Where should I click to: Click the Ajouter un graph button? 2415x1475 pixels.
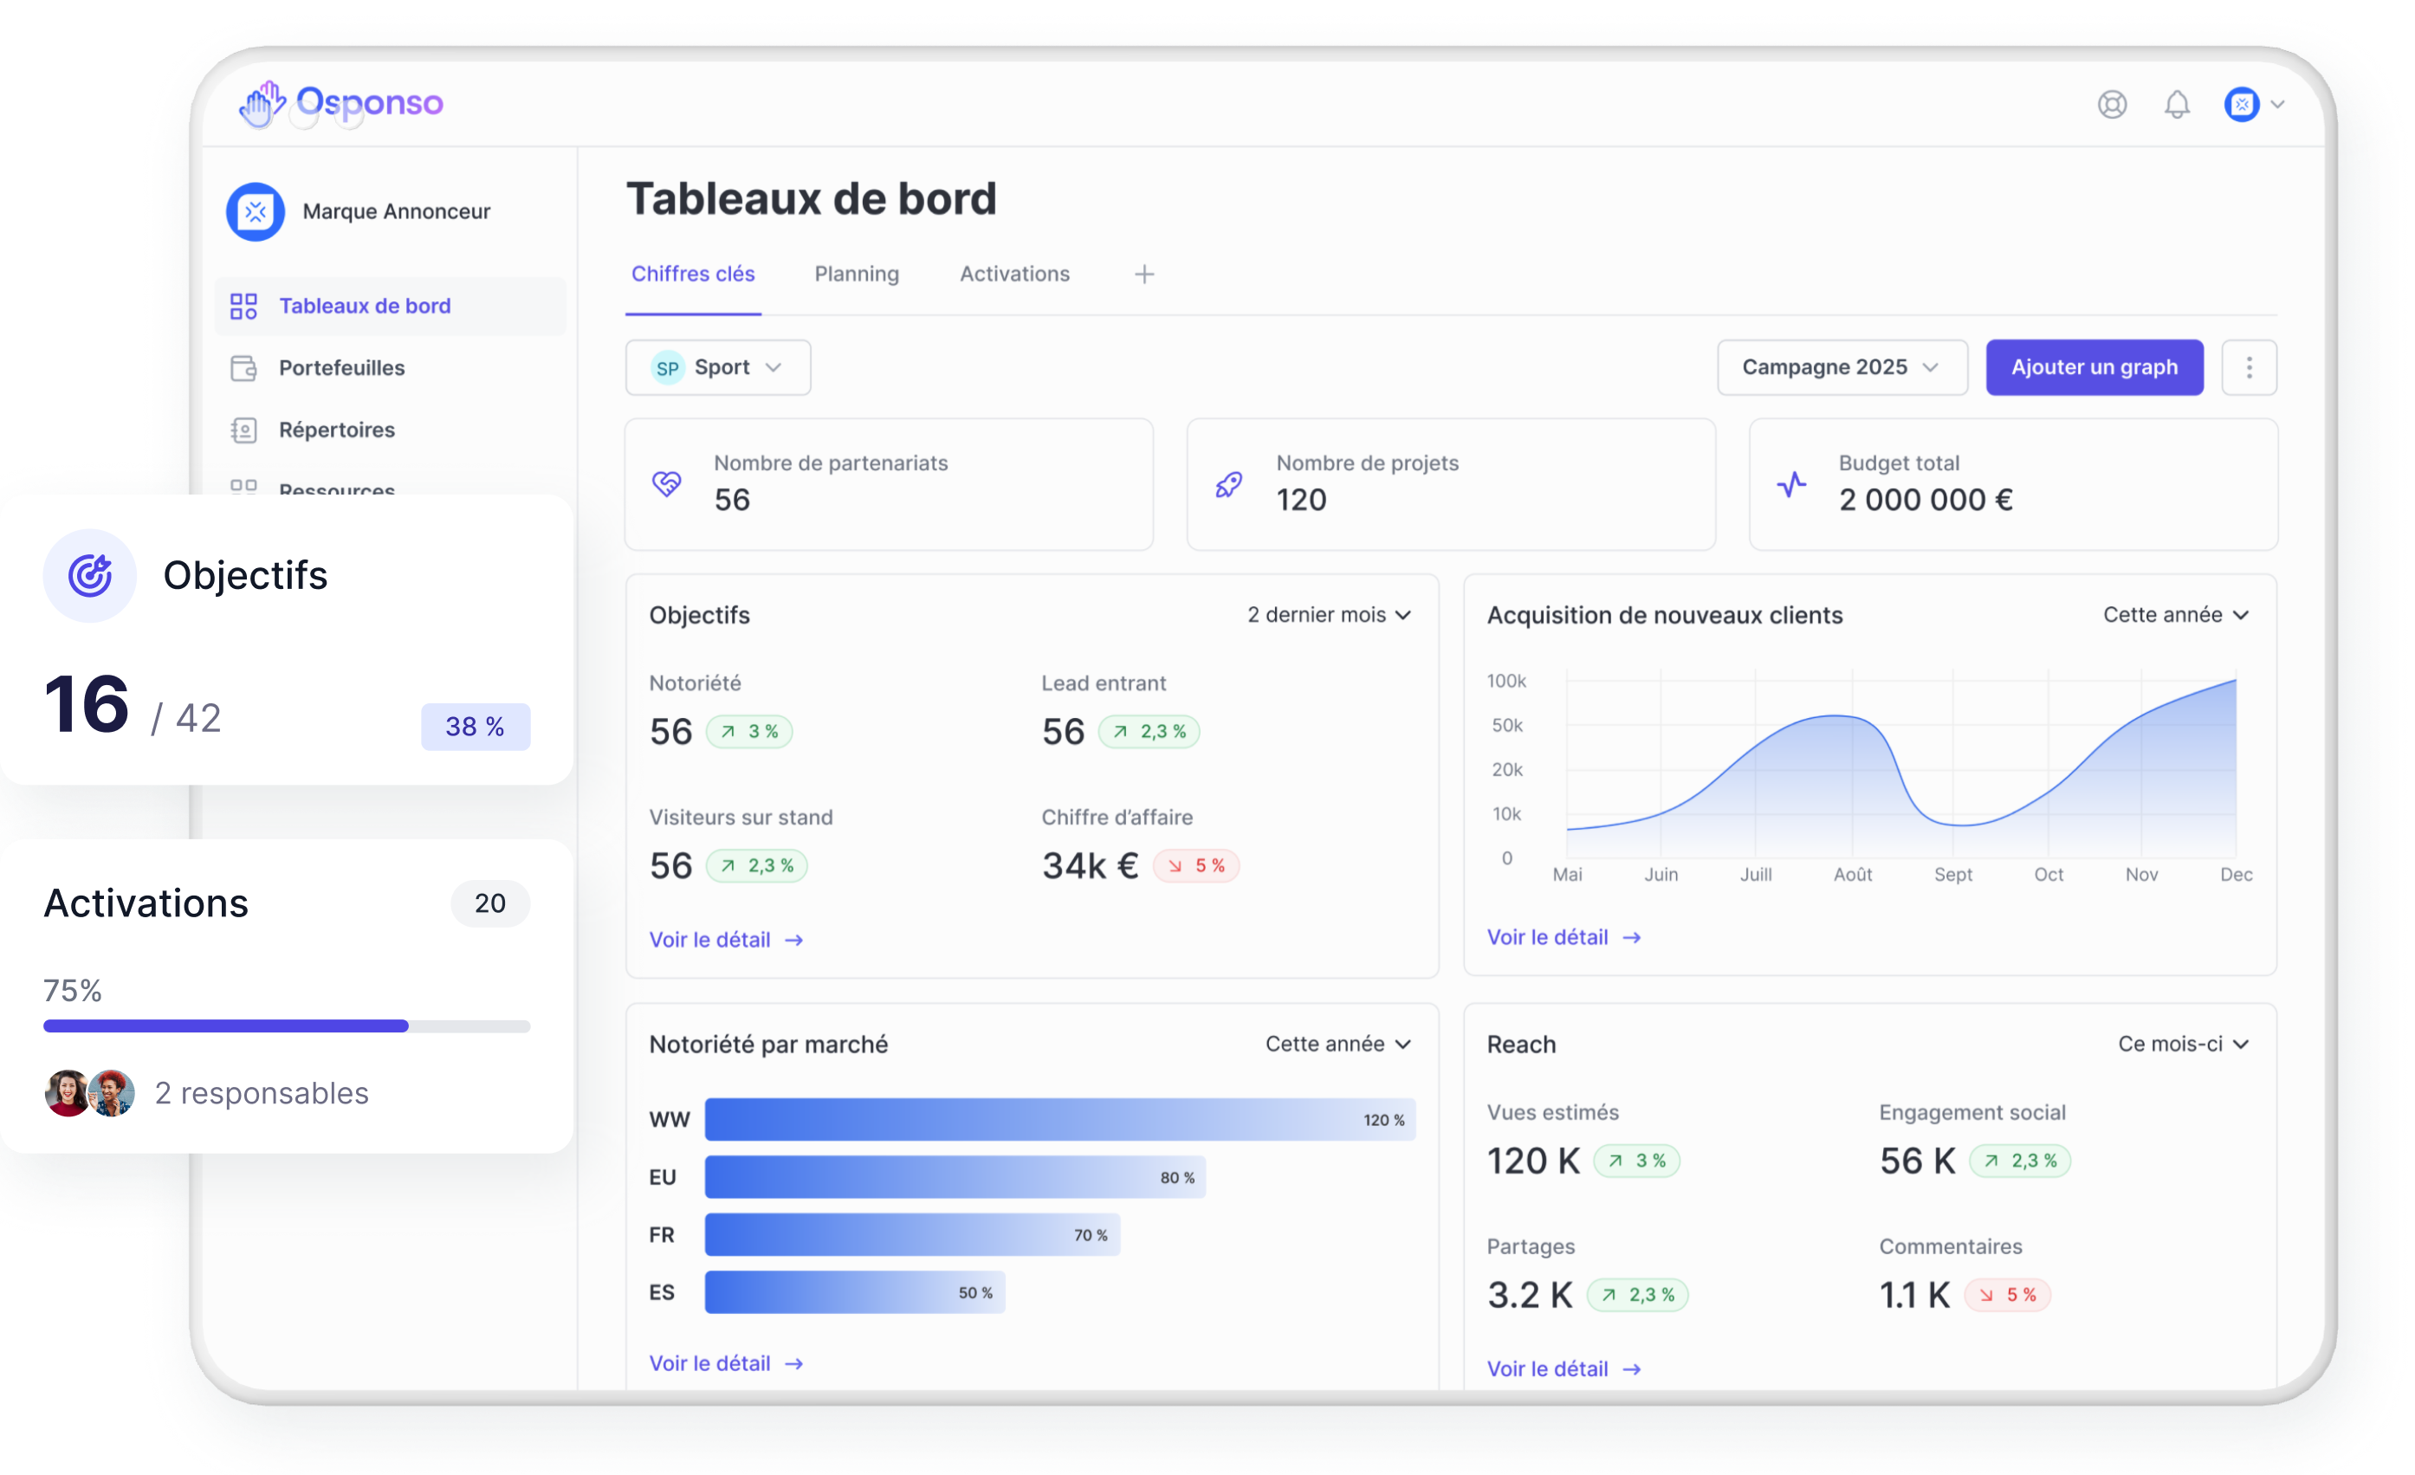coord(2094,367)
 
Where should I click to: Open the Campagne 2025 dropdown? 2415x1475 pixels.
coord(1841,367)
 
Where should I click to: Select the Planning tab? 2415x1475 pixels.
coord(856,275)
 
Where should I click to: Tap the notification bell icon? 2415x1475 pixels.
coord(2176,104)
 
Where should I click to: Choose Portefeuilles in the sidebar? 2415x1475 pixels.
coord(341,367)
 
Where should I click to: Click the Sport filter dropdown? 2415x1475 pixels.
coord(717,367)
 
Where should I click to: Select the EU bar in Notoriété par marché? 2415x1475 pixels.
coord(954,1177)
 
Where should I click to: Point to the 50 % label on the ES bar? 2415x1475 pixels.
coord(974,1293)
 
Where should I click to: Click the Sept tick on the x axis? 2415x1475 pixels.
coord(1952,874)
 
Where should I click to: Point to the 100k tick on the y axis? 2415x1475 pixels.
coord(1505,681)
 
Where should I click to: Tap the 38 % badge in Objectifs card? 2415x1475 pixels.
coord(476,726)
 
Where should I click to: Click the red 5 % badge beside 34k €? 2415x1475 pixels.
coord(1195,865)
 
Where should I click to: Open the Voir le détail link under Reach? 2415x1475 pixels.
coord(1564,1369)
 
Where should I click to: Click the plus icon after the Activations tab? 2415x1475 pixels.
coord(1143,275)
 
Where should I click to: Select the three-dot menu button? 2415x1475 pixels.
coord(2249,367)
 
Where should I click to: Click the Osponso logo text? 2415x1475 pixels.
coord(370,102)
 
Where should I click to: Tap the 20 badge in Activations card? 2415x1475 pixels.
coord(490,902)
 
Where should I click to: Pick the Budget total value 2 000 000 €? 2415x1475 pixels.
coord(1925,500)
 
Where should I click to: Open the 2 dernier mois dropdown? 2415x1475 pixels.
coord(1328,614)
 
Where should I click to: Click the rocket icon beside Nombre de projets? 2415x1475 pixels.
coord(1228,484)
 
